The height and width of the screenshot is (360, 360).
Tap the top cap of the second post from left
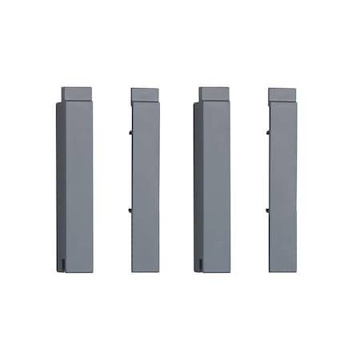click(x=145, y=94)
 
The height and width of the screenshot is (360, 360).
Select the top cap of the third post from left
click(x=216, y=93)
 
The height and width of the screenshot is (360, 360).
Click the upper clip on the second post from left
click(x=130, y=128)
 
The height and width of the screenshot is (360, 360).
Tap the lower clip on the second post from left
click(x=130, y=211)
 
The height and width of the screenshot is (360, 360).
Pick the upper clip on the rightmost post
click(x=267, y=128)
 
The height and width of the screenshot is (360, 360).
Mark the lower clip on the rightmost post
click(x=267, y=211)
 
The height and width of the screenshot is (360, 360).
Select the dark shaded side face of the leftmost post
click(x=61, y=184)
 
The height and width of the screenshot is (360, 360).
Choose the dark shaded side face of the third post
click(x=198, y=184)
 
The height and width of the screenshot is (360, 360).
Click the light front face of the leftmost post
click(x=79, y=184)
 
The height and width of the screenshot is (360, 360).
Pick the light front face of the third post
click(x=216, y=184)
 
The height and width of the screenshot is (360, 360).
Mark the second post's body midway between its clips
click(x=145, y=170)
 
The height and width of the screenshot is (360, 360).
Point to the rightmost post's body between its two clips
click(x=282, y=170)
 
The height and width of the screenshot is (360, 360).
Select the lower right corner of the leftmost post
click(x=92, y=270)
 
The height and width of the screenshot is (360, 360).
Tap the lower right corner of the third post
click(x=229, y=270)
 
